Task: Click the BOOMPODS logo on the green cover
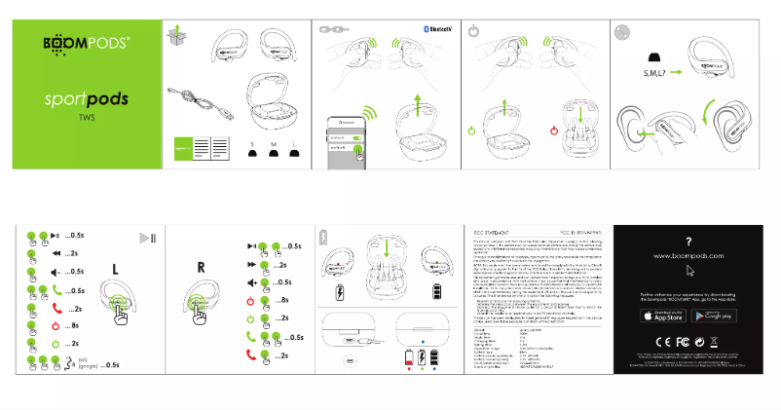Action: [86, 46]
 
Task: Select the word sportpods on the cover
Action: [86, 100]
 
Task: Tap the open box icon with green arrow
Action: [176, 35]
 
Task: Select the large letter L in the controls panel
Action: [116, 268]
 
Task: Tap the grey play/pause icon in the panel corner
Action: [148, 239]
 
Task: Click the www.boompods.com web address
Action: [689, 254]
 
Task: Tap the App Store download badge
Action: [661, 316]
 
